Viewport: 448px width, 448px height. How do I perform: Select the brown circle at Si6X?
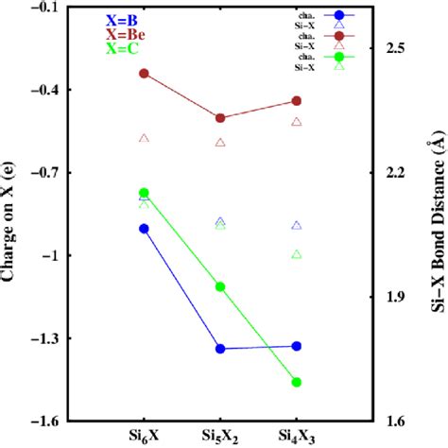tap(145, 73)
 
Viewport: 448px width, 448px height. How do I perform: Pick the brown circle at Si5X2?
tap(220, 118)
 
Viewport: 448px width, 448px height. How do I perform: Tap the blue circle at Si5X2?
tap(220, 349)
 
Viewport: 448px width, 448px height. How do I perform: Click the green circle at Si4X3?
tap(297, 382)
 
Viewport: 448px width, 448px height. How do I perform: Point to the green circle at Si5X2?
tap(220, 286)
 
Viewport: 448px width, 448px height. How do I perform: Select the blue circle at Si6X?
tap(145, 228)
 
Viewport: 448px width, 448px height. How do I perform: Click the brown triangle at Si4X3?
tap(297, 122)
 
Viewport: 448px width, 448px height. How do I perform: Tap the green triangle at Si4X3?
tap(297, 254)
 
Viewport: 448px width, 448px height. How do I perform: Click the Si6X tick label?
tap(145, 436)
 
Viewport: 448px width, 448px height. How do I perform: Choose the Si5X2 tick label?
tap(220, 436)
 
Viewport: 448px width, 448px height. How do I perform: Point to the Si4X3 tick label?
tap(297, 436)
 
